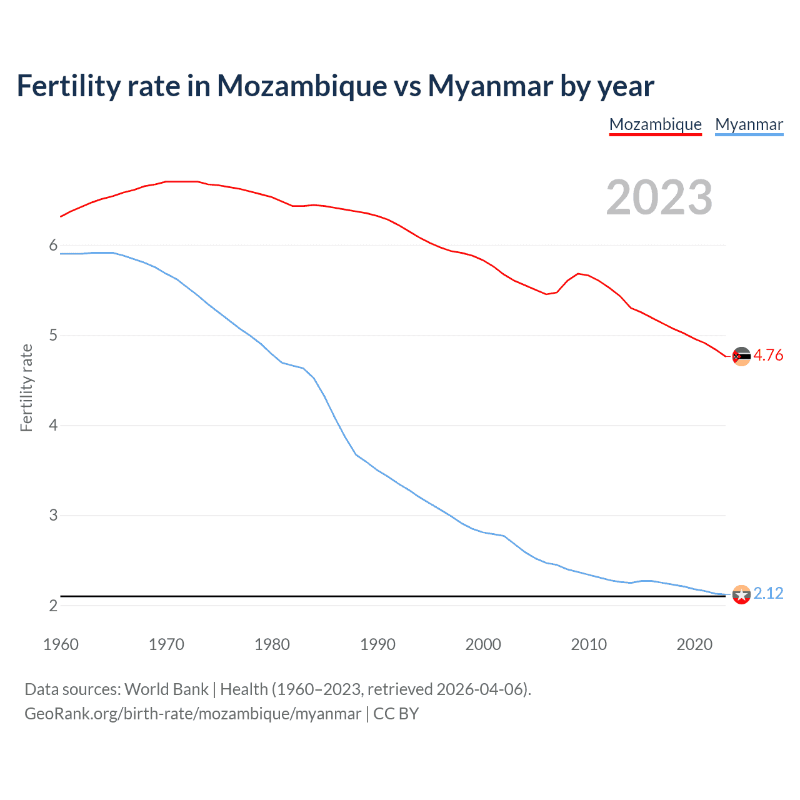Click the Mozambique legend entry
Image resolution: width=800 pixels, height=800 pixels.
pos(655,124)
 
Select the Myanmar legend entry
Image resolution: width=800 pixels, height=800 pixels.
pos(749,124)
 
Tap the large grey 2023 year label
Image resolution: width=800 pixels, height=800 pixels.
pos(659,197)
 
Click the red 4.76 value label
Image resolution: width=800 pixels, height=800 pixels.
pos(768,355)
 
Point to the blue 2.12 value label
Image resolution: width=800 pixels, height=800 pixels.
pos(768,593)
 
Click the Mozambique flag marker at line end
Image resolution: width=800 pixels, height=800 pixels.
pos(741,356)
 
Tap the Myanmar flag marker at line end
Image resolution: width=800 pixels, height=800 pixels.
pos(741,594)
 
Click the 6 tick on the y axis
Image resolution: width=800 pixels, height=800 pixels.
pos(53,246)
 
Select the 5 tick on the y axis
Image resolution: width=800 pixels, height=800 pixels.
pos(53,336)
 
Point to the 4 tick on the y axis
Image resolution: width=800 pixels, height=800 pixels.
pos(53,426)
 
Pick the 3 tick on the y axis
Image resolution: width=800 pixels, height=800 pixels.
pos(53,516)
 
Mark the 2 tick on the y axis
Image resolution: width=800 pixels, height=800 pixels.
pos(53,606)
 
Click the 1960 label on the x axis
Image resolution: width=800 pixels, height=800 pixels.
pos(61,644)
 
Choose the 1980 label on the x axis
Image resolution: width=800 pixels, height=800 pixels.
pos(272,644)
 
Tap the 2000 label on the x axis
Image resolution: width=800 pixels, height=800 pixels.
pos(483,644)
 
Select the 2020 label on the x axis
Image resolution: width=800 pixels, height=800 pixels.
pos(694,644)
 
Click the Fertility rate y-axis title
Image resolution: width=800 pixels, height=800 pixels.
pos(26,387)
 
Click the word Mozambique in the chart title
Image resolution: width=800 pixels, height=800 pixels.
pos(302,86)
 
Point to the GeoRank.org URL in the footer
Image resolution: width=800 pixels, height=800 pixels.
pos(192,714)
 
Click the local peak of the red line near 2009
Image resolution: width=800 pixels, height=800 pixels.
pos(579,273)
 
